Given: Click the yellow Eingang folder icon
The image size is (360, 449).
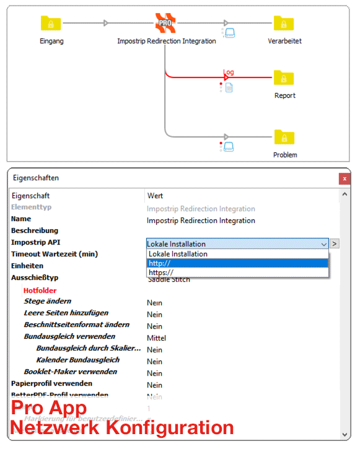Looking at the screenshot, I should click(x=51, y=24).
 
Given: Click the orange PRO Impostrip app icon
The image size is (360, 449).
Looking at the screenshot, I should click(x=165, y=24).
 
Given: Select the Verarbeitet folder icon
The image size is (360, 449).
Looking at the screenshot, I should click(x=284, y=24).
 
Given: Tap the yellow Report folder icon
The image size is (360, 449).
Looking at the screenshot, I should click(x=284, y=78).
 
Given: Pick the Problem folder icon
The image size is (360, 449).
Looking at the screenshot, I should click(x=284, y=137).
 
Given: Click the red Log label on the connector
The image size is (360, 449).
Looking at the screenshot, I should click(x=229, y=72).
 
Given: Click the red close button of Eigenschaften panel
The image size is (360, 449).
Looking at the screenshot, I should click(x=345, y=178).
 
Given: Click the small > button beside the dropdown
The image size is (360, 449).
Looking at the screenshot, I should click(x=335, y=244).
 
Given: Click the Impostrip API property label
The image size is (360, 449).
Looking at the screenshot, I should click(x=36, y=242).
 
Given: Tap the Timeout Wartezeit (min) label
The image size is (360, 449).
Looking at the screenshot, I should click(x=55, y=254).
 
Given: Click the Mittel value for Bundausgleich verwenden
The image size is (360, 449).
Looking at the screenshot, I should click(x=157, y=338).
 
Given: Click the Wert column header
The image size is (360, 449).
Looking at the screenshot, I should click(x=155, y=196).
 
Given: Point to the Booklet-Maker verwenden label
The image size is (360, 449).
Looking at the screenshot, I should click(x=70, y=372).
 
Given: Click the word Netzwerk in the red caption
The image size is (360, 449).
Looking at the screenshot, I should click(x=50, y=427).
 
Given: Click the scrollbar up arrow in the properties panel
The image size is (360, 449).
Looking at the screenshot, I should click(x=345, y=196).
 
